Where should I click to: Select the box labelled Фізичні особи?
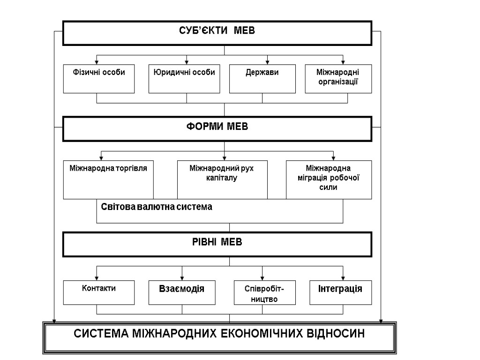tap(97, 78)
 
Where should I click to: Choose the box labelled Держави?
tap(262, 78)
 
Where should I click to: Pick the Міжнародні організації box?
tap(338, 78)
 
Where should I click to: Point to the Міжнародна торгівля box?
tap(108, 179)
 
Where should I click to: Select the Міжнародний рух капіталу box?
tap(222, 179)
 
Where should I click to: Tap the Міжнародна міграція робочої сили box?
tap(329, 179)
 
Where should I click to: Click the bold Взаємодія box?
tap(182, 292)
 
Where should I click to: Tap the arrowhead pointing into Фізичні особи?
tap(97, 61)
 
